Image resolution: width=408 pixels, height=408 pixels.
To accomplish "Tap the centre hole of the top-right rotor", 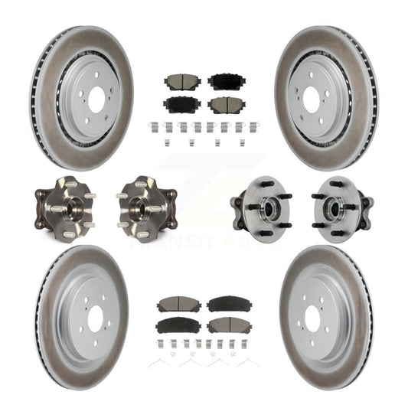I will [312, 99].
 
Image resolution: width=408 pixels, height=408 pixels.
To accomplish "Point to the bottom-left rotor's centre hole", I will [97, 316].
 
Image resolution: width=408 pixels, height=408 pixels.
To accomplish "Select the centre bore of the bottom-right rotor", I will [312, 316].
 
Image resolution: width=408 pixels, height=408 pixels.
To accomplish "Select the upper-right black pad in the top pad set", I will [224, 82].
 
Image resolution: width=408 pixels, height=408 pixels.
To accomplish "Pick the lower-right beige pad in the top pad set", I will [224, 104].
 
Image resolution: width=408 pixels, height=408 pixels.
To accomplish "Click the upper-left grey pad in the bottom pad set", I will [179, 305].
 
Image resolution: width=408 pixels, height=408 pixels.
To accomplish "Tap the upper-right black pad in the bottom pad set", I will [228, 305].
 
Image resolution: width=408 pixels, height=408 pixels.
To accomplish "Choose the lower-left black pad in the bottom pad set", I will [179, 325].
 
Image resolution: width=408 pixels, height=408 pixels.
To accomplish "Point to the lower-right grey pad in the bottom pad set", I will [228, 325].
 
